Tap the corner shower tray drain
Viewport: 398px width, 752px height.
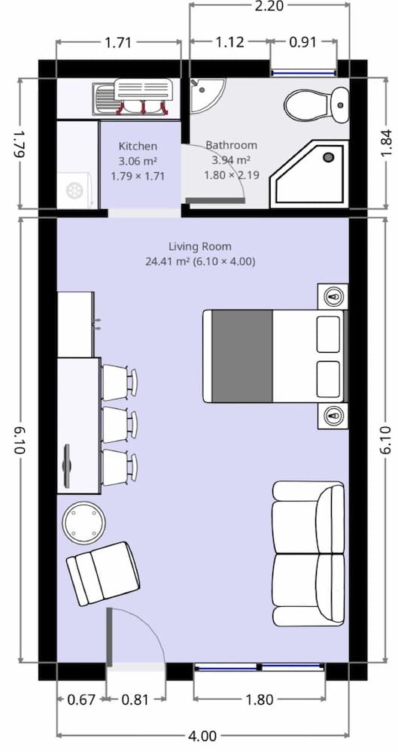pyautogui.click(x=328, y=157)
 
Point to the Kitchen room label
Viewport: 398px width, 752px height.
pyautogui.click(x=138, y=146)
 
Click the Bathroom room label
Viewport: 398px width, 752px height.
pyautogui.click(x=231, y=145)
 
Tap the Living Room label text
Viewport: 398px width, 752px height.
pyautogui.click(x=199, y=246)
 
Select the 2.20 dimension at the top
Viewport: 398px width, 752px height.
pyautogui.click(x=269, y=7)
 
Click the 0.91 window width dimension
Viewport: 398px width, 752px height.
pyautogui.click(x=303, y=42)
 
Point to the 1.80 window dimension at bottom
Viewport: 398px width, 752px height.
pyautogui.click(x=260, y=700)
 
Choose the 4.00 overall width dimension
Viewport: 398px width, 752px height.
pyautogui.click(x=202, y=736)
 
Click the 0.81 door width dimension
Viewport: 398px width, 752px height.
pyautogui.click(x=135, y=700)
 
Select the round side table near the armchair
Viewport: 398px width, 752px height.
pyautogui.click(x=83, y=522)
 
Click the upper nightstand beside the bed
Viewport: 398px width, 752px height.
pyautogui.click(x=333, y=296)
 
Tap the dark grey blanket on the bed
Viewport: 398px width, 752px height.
pyautogui.click(x=242, y=355)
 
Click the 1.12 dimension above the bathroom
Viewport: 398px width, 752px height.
pyautogui.click(x=229, y=42)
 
